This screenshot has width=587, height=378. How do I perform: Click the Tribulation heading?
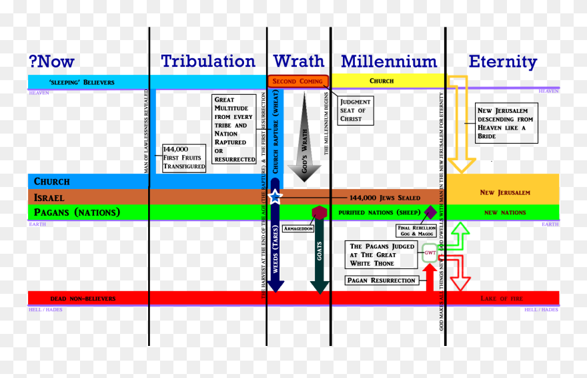tap(207, 61)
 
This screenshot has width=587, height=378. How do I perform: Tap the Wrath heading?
tap(298, 61)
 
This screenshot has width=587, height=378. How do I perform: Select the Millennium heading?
tap(388, 61)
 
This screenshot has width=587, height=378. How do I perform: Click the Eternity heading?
tap(502, 61)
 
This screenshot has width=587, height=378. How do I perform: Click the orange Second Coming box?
tap(298, 81)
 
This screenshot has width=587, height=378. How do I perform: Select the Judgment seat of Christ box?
tap(355, 110)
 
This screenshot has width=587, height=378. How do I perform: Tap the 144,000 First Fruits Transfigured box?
tap(184, 158)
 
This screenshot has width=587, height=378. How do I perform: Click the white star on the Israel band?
tap(275, 196)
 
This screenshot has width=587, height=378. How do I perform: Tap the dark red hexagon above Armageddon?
tap(320, 212)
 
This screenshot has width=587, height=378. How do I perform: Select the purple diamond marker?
tap(430, 212)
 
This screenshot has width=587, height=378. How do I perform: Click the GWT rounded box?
tap(430, 253)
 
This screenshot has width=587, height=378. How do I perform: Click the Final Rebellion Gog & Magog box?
tap(416, 231)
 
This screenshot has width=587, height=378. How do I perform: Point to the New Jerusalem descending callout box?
tap(506, 123)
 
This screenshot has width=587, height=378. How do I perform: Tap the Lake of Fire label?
tap(503, 298)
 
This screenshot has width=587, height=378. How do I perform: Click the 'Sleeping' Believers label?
tap(82, 82)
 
